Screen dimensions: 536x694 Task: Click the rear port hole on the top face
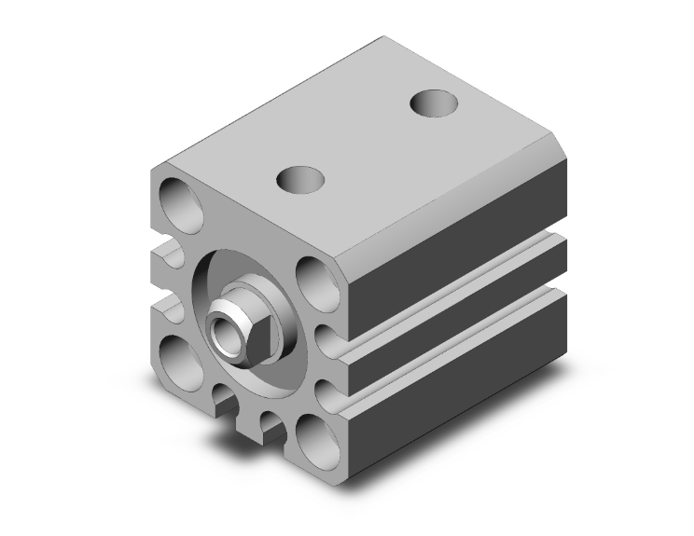click(x=434, y=103)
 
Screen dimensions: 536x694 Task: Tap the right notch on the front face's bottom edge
click(x=271, y=429)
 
